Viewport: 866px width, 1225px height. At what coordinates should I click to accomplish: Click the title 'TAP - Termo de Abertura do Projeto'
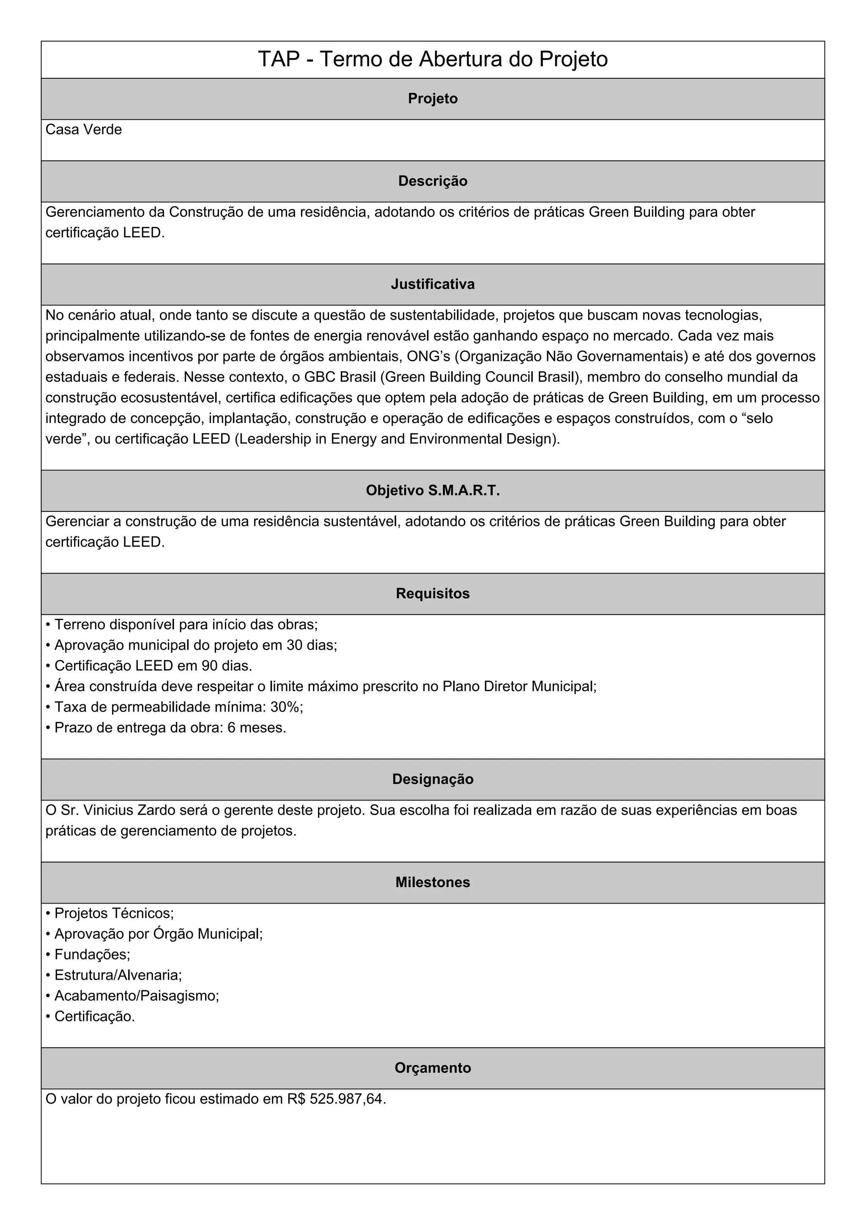click(433, 59)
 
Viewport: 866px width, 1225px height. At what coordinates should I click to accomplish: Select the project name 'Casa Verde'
click(84, 130)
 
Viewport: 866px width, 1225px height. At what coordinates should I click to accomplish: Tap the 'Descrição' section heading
click(433, 181)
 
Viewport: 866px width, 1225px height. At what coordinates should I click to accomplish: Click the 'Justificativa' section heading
click(433, 284)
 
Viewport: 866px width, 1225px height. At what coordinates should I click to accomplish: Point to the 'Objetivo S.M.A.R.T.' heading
click(433, 490)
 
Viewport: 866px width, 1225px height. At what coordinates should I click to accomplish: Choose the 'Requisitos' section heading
click(433, 593)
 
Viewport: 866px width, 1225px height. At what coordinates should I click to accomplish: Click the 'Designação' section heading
click(433, 779)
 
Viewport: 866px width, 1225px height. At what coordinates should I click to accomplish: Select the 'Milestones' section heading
click(433, 882)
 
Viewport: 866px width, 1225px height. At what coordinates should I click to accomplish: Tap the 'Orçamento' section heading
click(433, 1068)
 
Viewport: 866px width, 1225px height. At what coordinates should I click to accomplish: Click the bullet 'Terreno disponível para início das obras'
click(186, 624)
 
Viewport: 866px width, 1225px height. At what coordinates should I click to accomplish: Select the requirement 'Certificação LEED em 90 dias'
click(153, 666)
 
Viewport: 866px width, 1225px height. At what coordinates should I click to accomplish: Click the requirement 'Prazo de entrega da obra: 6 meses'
click(170, 728)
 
